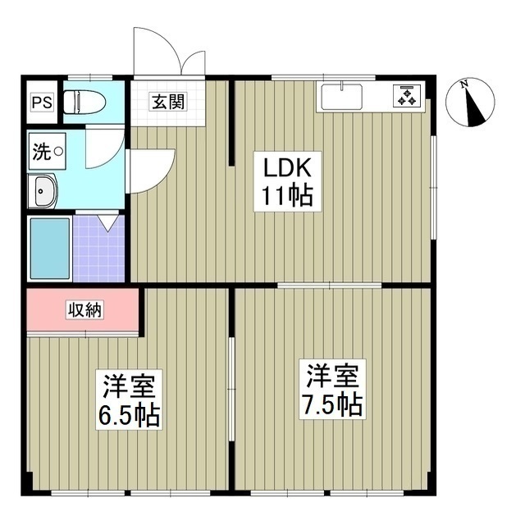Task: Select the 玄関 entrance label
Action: pyautogui.click(x=167, y=103)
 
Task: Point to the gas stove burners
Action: pyautogui.click(x=406, y=96)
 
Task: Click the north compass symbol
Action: pyautogui.click(x=469, y=104)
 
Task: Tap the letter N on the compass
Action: pyautogui.click(x=464, y=84)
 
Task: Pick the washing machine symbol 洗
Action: pyautogui.click(x=40, y=151)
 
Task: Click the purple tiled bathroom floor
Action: pyautogui.click(x=98, y=250)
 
